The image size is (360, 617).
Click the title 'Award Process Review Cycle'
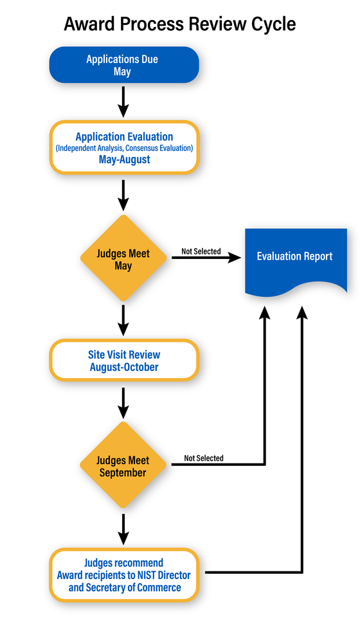180,24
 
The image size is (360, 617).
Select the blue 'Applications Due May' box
124,65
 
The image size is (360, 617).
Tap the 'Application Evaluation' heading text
124,137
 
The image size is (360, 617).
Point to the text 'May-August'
124,159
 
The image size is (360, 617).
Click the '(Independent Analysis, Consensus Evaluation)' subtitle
124,148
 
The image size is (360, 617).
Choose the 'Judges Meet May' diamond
124,258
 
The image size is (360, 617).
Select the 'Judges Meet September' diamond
124,466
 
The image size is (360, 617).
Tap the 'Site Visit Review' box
124,361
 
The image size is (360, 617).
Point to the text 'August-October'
124,367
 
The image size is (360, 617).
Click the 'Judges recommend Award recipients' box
124,575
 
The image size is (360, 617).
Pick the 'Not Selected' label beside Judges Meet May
201,251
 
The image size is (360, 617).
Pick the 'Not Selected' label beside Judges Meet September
204,458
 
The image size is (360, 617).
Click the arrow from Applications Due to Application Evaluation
124,102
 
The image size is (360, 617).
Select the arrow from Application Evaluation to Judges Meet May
124,195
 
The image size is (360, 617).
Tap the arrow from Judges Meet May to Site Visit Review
124,319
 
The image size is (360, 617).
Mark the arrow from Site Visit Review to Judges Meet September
124,402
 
